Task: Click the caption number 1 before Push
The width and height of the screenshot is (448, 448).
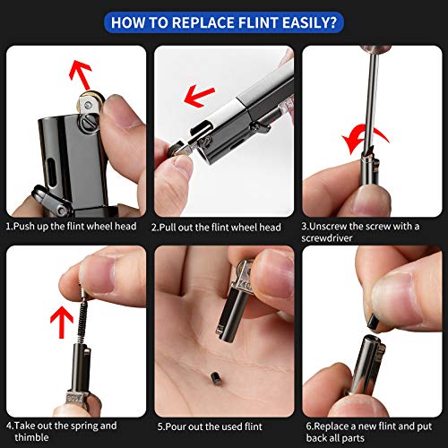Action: [8, 226]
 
